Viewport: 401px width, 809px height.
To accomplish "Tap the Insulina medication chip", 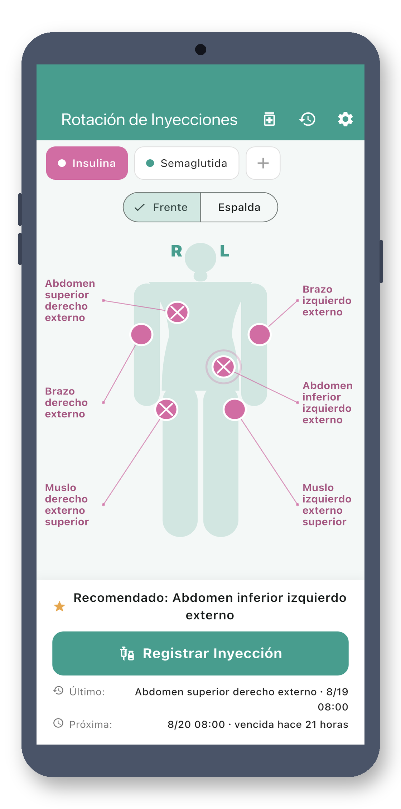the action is tap(87, 163).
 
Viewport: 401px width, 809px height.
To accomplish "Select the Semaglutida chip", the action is tap(187, 163).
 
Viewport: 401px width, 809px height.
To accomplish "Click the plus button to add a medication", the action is tap(263, 163).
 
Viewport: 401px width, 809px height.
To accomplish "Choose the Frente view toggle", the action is tap(162, 207).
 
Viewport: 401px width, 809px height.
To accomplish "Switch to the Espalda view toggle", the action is tap(239, 207).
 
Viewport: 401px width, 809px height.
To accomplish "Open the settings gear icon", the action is tap(346, 119).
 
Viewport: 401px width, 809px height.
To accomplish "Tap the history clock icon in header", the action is tap(308, 119).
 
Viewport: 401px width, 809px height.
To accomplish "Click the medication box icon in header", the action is tap(269, 119).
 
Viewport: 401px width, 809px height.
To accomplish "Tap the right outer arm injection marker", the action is tap(141, 335).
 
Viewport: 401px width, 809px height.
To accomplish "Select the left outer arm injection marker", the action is tap(260, 335).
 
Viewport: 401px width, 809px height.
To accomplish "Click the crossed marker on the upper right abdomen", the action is tap(177, 313).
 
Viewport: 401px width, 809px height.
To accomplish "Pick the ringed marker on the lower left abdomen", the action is tap(223, 367).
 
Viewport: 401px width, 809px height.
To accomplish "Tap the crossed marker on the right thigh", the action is tap(166, 410).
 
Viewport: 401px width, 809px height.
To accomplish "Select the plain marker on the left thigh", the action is tap(235, 410).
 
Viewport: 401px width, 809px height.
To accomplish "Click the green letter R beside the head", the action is tap(177, 251).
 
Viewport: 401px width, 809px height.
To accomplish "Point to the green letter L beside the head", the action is tap(224, 251).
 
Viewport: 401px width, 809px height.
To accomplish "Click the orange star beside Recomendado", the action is tap(59, 606).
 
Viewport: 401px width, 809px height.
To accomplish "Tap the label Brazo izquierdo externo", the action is tap(327, 301).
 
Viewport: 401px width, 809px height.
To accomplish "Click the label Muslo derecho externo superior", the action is tap(67, 505).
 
